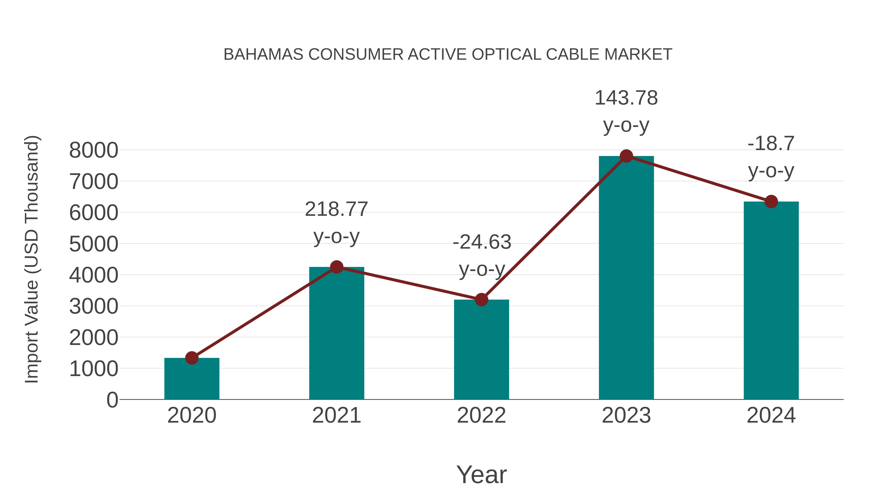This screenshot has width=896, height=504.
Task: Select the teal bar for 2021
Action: pyautogui.click(x=336, y=334)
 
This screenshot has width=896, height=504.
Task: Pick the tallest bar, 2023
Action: pyautogui.click(x=626, y=278)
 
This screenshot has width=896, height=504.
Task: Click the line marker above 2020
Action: pyautogui.click(x=192, y=358)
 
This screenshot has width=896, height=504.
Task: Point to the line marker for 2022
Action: pyautogui.click(x=481, y=299)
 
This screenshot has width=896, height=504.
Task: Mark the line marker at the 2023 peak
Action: pyautogui.click(x=626, y=156)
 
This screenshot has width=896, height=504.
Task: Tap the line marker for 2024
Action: pyautogui.click(x=771, y=201)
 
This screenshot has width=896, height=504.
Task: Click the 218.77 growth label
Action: pyautogui.click(x=336, y=209)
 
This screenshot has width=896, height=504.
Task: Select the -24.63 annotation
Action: pyautogui.click(x=482, y=242)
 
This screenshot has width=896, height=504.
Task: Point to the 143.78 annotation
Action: pyautogui.click(x=626, y=98)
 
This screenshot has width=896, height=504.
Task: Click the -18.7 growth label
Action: pyautogui.click(x=771, y=143)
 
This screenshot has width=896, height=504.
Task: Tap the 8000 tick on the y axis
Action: pyautogui.click(x=94, y=150)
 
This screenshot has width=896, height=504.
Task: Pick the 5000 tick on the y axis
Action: pyautogui.click(x=94, y=244)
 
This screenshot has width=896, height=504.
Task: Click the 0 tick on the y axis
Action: pyautogui.click(x=112, y=400)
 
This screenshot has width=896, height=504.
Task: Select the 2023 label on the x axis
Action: pyautogui.click(x=626, y=415)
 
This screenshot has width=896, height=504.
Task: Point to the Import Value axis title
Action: pyautogui.click(x=31, y=259)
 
